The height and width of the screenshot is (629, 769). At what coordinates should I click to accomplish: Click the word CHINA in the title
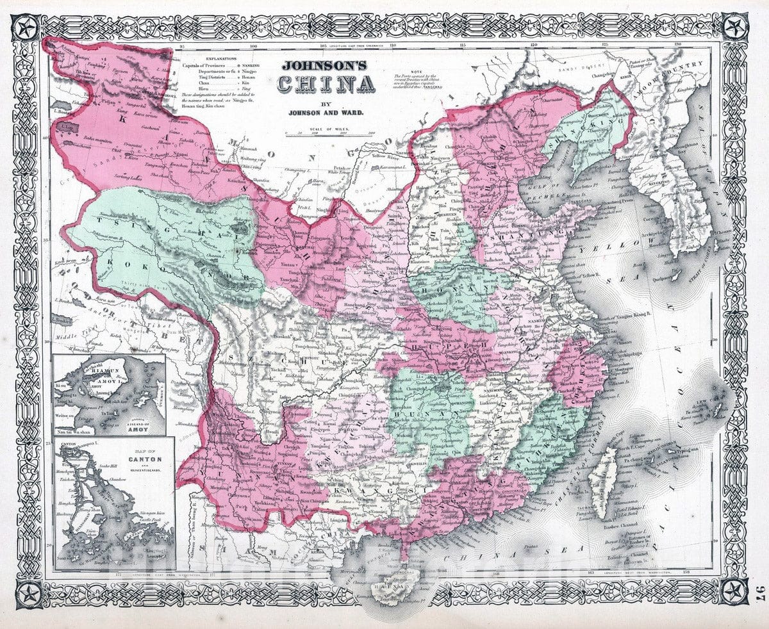pyautogui.click(x=326, y=84)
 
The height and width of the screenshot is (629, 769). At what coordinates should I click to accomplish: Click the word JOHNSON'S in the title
pyautogui.click(x=321, y=65)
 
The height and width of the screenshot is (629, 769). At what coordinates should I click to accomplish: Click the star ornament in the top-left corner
pyautogui.click(x=27, y=28)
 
